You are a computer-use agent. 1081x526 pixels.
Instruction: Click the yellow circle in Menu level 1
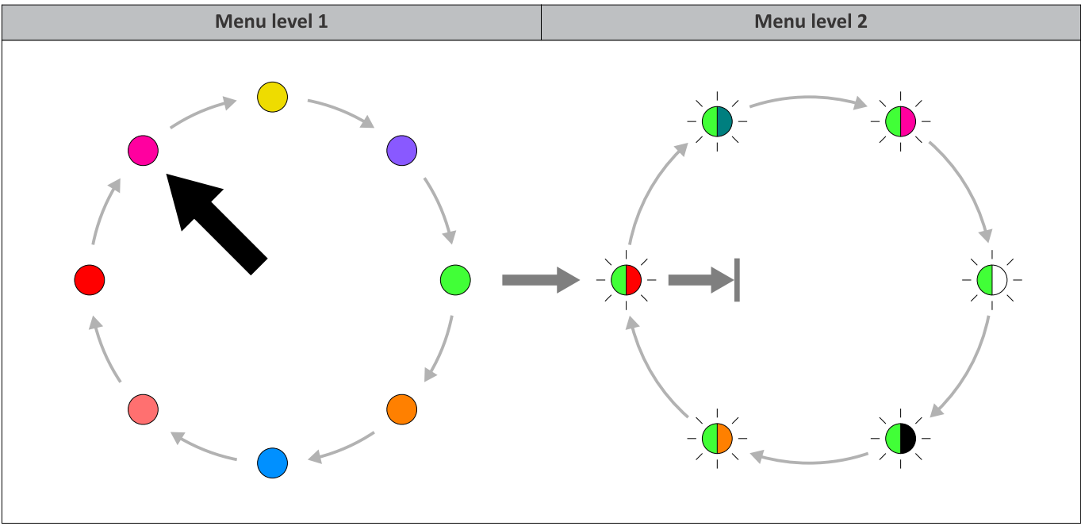[x=272, y=97]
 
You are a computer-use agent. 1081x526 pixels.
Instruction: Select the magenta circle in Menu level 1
[x=143, y=150]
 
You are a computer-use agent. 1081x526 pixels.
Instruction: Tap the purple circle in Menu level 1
[x=401, y=150]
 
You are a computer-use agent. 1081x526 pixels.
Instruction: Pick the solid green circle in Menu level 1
[x=455, y=279]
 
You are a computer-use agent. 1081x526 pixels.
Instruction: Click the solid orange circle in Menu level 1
[x=401, y=409]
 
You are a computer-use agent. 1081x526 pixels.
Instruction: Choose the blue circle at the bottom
[x=272, y=463]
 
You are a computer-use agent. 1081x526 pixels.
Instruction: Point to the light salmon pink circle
[x=143, y=409]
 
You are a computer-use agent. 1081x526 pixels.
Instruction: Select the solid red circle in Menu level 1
[x=89, y=280]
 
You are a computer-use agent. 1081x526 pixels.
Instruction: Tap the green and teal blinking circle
[x=717, y=121]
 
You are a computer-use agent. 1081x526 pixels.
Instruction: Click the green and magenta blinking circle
[x=900, y=121]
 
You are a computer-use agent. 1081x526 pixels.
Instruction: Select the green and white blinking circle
[x=991, y=279]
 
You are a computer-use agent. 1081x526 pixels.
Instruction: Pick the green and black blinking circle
[x=900, y=438]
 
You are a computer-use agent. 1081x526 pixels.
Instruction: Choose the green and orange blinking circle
[x=717, y=438]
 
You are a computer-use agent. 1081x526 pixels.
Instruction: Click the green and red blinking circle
[x=626, y=280]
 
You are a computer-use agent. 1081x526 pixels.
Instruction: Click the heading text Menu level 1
[x=271, y=21]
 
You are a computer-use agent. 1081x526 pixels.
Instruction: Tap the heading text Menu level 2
[x=811, y=21]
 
